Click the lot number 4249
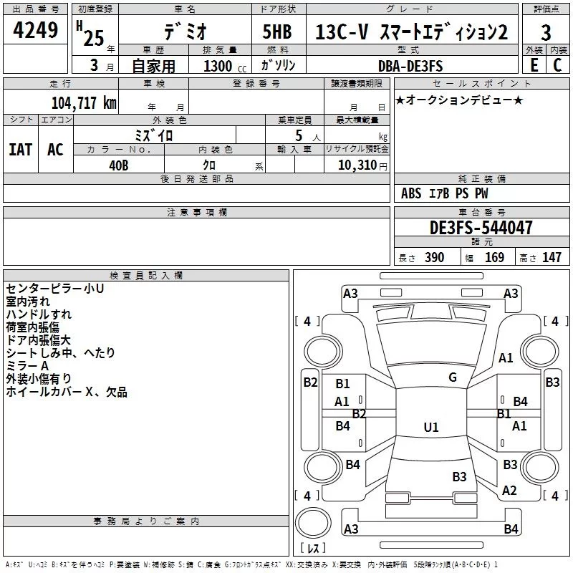click(35, 30)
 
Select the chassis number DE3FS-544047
click(481, 228)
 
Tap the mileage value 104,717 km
click(84, 103)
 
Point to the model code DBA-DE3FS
click(410, 66)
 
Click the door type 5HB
click(277, 32)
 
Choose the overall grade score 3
click(546, 33)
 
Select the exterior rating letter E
click(534, 65)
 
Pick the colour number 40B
click(119, 165)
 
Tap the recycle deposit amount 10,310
click(357, 165)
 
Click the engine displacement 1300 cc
click(225, 66)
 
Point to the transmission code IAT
click(21, 150)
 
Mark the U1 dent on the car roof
click(431, 427)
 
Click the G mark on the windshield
click(453, 377)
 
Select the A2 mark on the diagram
click(509, 491)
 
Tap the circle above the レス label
click(313, 523)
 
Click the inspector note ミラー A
click(27, 366)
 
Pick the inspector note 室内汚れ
click(28, 302)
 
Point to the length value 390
click(434, 258)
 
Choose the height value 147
click(552, 258)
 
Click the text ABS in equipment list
click(411, 193)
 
